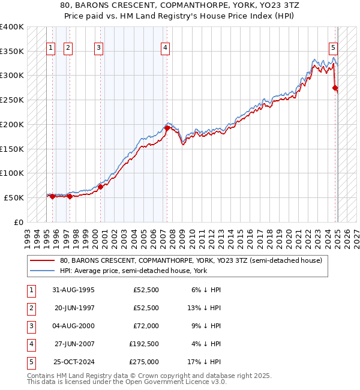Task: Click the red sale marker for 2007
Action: tap(166, 127)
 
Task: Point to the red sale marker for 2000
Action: tap(101, 187)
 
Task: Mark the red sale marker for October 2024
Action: tap(335, 88)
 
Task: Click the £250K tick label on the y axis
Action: tap(12, 100)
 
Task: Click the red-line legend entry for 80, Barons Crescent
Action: tap(191, 260)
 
